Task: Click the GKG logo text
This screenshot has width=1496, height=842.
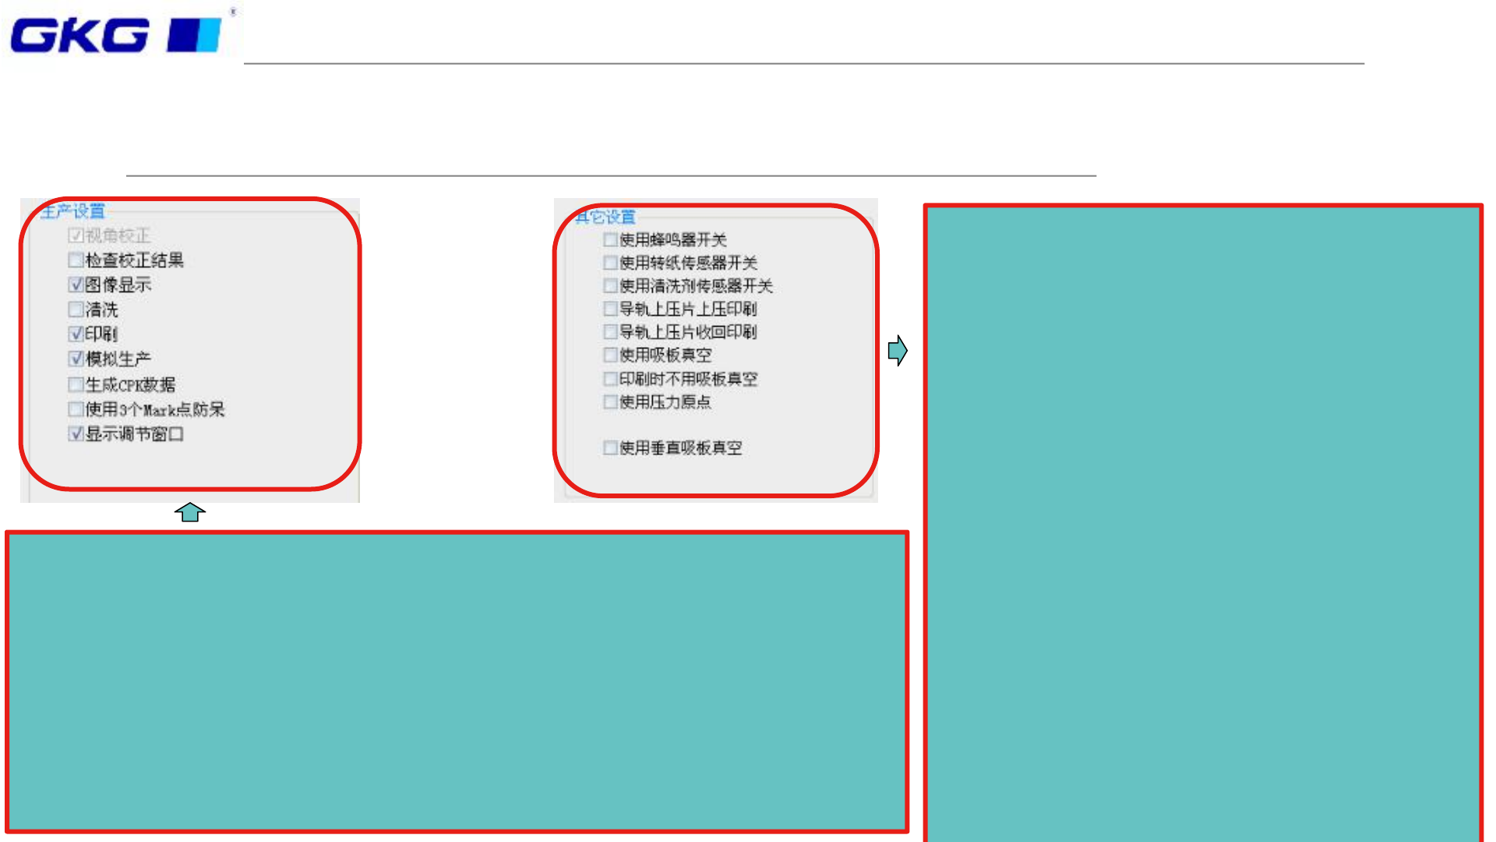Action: click(79, 36)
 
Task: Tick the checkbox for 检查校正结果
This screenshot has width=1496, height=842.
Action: click(76, 260)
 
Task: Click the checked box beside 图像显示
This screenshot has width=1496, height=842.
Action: click(76, 285)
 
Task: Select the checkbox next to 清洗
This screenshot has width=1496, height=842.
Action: click(76, 310)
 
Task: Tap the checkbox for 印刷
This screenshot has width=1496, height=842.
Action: click(76, 334)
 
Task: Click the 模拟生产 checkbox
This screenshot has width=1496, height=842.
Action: click(76, 359)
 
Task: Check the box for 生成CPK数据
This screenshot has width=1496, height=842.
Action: click(76, 384)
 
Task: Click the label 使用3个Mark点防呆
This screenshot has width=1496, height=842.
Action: click(154, 409)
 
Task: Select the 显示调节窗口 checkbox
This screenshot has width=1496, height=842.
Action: click(76, 434)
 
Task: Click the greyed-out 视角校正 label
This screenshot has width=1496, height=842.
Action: click(118, 235)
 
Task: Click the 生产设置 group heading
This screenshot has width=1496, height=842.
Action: click(73, 211)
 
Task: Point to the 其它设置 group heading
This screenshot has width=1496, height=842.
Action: click(605, 218)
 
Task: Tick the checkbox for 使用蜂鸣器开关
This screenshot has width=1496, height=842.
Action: click(610, 240)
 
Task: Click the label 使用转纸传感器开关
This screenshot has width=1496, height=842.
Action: click(688, 264)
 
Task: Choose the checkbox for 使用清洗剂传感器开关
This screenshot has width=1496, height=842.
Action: click(610, 286)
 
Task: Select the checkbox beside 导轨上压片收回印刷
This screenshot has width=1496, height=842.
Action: click(610, 332)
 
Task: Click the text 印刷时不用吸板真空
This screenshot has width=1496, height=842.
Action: click(688, 379)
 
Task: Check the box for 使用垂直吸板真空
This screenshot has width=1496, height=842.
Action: click(610, 448)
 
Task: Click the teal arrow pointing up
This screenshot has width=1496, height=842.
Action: click(190, 512)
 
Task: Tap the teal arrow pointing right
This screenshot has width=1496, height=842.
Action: click(898, 350)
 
